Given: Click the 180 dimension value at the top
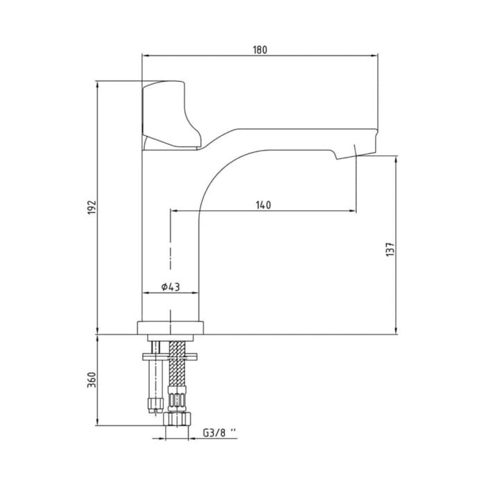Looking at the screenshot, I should point(260,49).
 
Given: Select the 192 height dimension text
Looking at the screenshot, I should point(91,207).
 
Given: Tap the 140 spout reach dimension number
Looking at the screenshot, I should point(263,205).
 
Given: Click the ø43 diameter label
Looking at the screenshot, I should point(171,287).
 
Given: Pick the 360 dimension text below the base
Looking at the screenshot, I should point(91,380).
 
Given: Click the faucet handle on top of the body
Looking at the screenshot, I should point(169,115).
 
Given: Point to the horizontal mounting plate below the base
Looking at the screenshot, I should point(171,356).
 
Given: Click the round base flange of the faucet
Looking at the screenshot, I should point(171,327).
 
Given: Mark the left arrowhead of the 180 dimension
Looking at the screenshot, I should point(144,55).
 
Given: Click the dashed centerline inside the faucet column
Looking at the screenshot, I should point(171,250).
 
